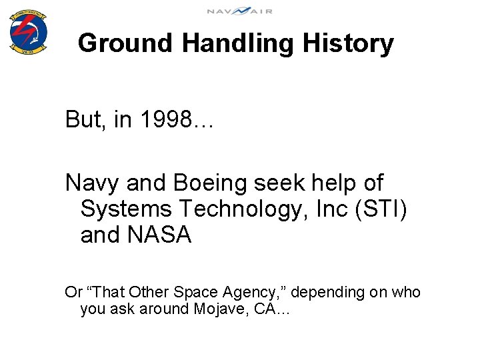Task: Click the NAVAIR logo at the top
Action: (239, 11)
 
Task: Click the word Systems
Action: (125, 209)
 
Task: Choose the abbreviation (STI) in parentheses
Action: (382, 209)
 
